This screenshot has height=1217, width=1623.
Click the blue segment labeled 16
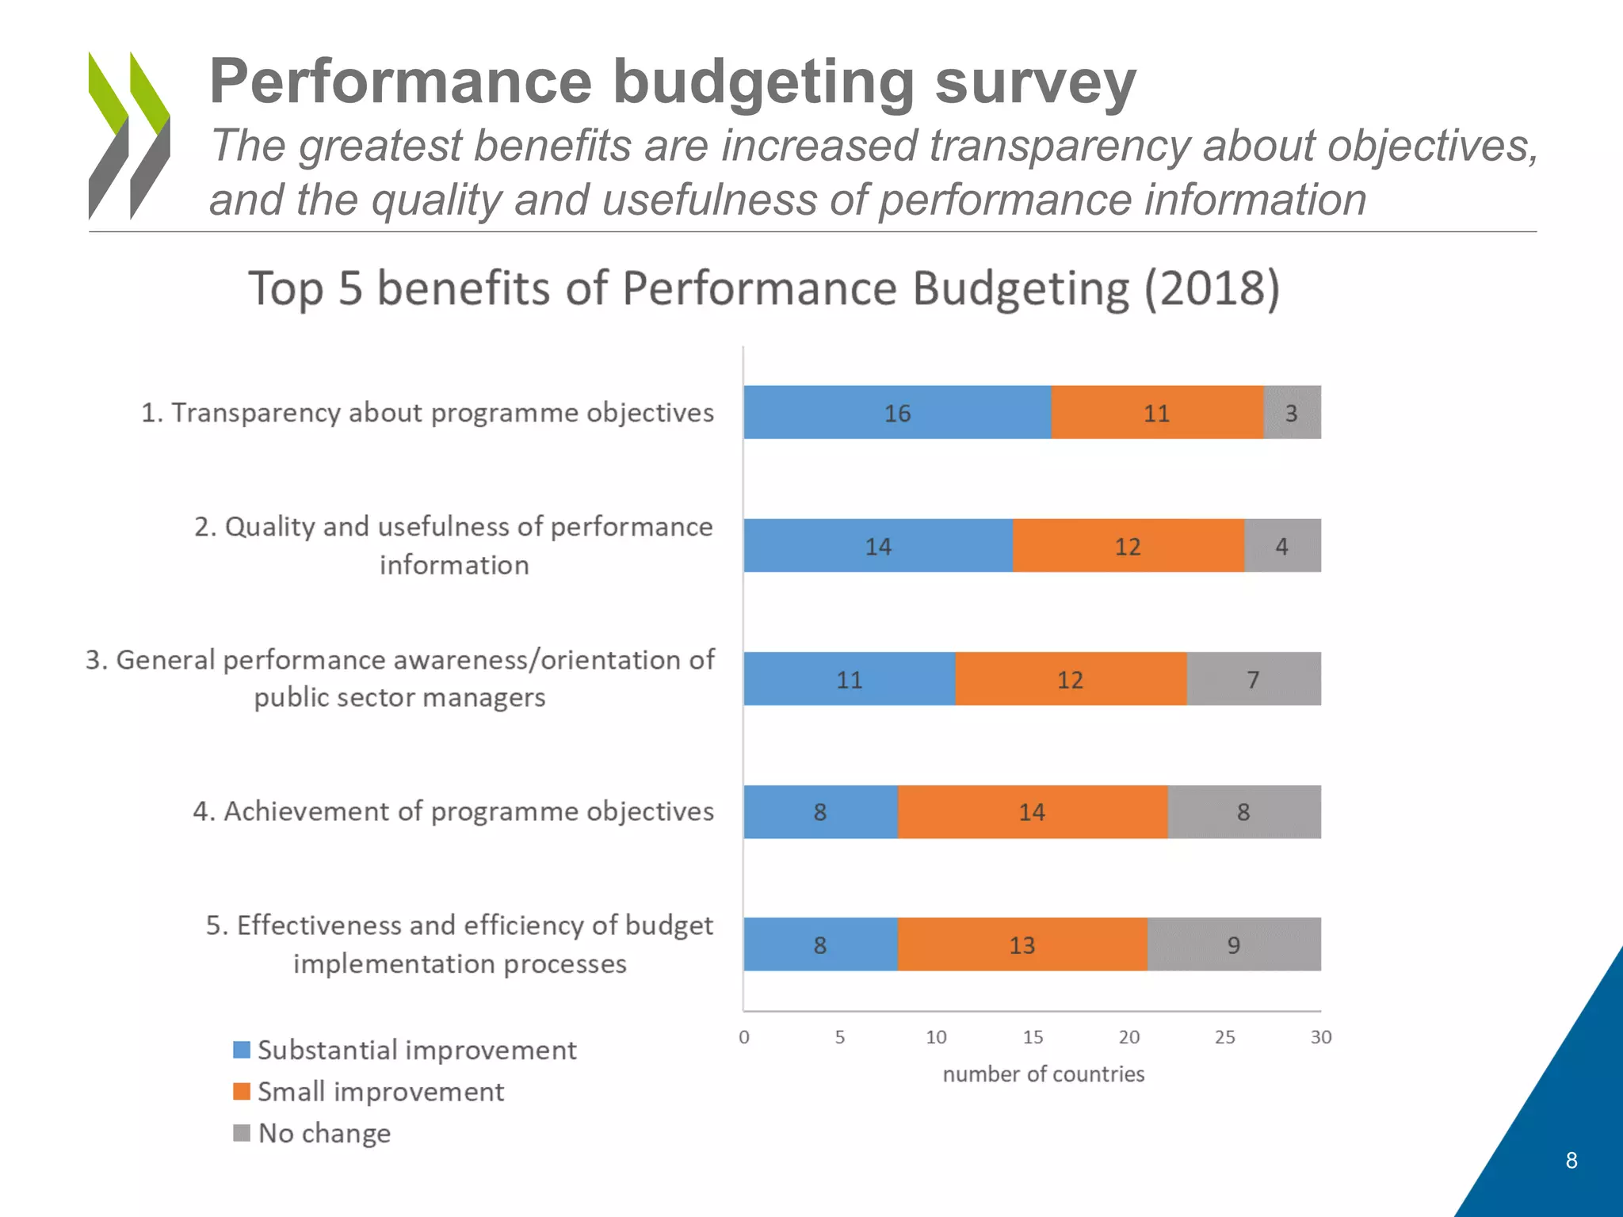click(897, 412)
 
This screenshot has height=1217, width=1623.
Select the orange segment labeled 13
click(1022, 944)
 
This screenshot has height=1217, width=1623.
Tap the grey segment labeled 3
click(1292, 412)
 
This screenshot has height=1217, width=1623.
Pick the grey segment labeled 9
click(1234, 944)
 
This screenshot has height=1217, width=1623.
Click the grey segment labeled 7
click(1254, 679)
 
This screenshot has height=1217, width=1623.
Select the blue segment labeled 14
click(878, 546)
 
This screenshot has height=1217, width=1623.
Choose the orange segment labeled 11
click(1157, 412)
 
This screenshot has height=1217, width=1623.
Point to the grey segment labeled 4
click(1282, 546)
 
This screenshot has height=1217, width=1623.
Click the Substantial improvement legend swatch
click(242, 1050)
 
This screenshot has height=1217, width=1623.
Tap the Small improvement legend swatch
click(242, 1092)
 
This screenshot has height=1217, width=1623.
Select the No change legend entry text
click(325, 1134)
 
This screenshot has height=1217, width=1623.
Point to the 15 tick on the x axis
click(1033, 1037)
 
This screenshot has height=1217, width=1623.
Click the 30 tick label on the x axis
click(1321, 1037)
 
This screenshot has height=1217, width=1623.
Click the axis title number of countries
click(1044, 1074)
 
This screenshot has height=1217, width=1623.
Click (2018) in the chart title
click(1212, 288)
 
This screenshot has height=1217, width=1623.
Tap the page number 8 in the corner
click(1571, 1161)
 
